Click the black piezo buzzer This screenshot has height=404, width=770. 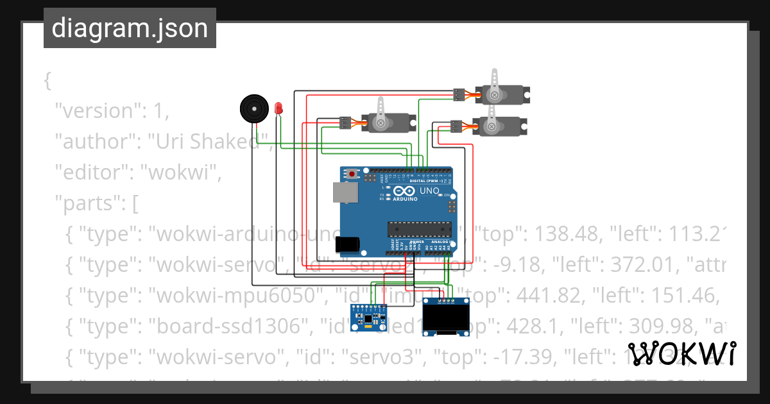254,108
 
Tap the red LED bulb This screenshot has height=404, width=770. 278,108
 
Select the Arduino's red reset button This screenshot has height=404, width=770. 352,174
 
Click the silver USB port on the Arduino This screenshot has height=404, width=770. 344,192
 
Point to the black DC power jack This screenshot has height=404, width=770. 347,244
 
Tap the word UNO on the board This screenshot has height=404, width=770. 429,191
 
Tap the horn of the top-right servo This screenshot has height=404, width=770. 494,84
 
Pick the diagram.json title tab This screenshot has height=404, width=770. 130,28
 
